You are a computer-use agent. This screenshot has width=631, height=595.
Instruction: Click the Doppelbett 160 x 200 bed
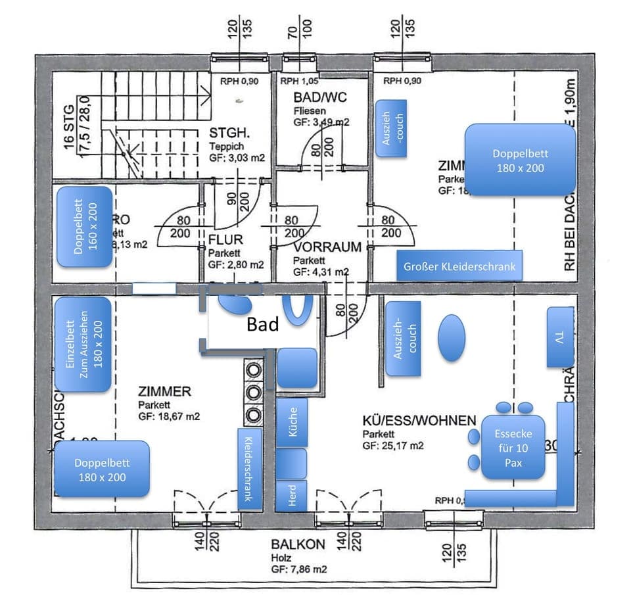[84, 227]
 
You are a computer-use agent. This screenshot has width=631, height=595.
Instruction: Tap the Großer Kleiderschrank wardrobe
[459, 266]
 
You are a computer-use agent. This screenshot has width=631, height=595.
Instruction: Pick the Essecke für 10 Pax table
[513, 446]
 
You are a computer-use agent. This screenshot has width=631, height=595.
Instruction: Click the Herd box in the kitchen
[292, 496]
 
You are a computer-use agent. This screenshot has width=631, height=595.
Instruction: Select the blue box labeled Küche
[292, 421]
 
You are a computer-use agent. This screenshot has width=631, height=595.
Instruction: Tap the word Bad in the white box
[262, 324]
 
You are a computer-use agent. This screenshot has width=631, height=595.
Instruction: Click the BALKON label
[298, 544]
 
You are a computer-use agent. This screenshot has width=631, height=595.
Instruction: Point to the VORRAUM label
[327, 247]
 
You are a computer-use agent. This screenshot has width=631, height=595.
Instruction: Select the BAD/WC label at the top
[320, 98]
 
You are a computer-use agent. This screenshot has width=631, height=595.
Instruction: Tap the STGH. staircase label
[227, 130]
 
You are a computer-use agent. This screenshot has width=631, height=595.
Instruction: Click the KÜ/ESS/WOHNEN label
[419, 420]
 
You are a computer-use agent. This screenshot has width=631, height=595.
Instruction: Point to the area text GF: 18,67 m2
[169, 416]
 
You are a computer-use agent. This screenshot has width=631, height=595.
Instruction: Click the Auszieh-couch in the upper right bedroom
[391, 128]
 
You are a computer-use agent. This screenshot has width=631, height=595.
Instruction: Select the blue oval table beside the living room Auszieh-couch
[452, 337]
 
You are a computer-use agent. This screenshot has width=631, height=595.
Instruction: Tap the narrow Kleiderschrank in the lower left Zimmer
[250, 469]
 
